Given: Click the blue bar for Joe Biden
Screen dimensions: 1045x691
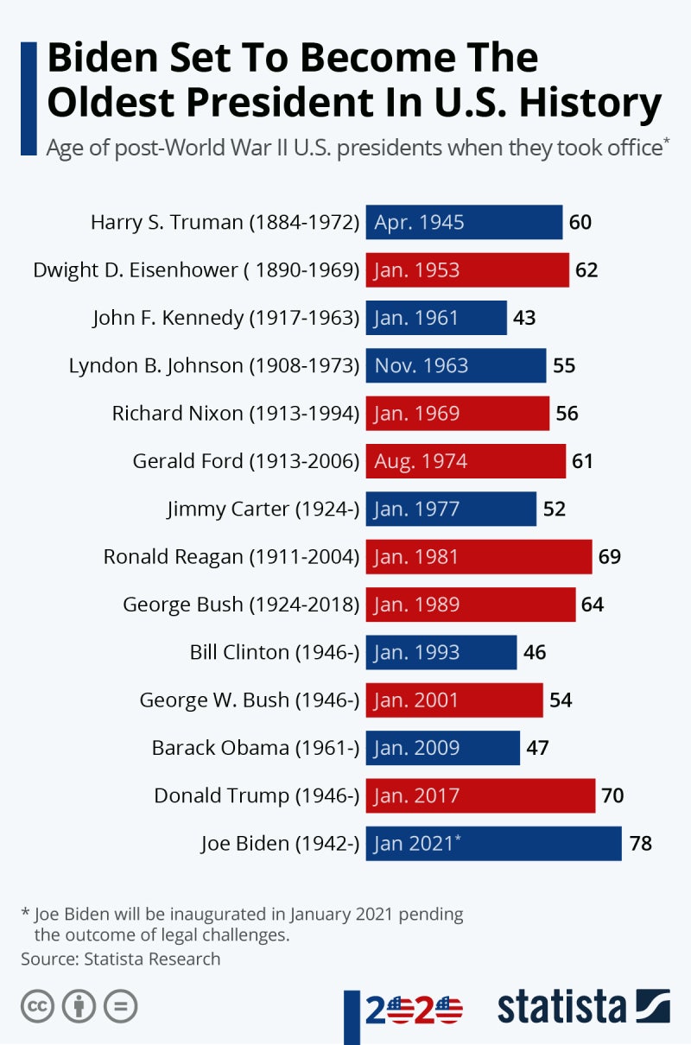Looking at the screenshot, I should tap(493, 844).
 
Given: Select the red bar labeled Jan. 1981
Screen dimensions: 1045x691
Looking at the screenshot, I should tap(479, 557).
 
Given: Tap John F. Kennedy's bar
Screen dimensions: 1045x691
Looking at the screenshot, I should tap(436, 318).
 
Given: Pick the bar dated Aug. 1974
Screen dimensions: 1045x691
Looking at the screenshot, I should tap(466, 461).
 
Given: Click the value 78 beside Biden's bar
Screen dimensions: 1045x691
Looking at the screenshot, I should tap(640, 844).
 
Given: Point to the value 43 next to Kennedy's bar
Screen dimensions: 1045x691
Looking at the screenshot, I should tap(524, 318).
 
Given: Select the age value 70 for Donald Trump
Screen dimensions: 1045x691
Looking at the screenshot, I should tap(612, 795).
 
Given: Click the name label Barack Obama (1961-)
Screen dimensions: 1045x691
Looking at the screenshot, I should tap(255, 748).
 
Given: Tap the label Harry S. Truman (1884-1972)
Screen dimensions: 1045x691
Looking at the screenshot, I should tap(225, 222).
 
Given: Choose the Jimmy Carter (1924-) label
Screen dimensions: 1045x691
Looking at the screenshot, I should tap(263, 509).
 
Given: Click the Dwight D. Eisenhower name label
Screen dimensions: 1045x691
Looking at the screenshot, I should tap(196, 270).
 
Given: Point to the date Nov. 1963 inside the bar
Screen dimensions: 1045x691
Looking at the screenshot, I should tap(422, 365).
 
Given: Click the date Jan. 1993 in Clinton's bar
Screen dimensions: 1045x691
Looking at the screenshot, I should tap(417, 652).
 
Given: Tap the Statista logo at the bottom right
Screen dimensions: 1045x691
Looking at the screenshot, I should tap(583, 1007).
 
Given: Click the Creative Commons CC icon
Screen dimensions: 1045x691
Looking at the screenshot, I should tap(37, 1006).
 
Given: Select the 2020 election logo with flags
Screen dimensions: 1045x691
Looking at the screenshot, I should tap(414, 1009).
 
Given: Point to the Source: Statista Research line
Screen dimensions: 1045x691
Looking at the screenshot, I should tap(121, 959).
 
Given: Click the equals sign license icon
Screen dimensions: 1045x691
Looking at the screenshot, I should tap(120, 1006).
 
